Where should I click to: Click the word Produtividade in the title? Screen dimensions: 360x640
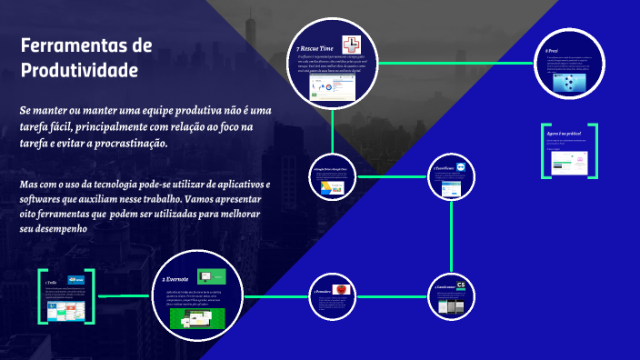[x=79, y=70]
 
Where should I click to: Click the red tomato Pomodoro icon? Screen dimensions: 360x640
[x=340, y=288]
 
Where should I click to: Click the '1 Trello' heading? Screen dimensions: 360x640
[x=51, y=283]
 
